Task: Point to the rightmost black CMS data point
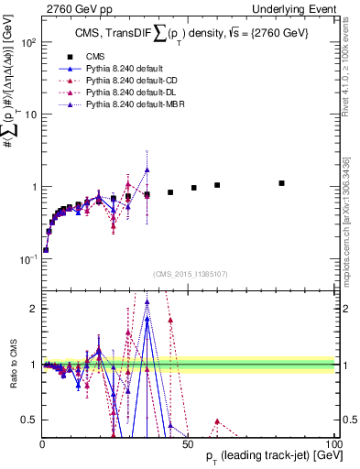282,183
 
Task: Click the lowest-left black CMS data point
46,249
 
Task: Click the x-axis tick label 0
42,444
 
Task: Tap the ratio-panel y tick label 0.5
29,420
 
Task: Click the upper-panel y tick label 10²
28,43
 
